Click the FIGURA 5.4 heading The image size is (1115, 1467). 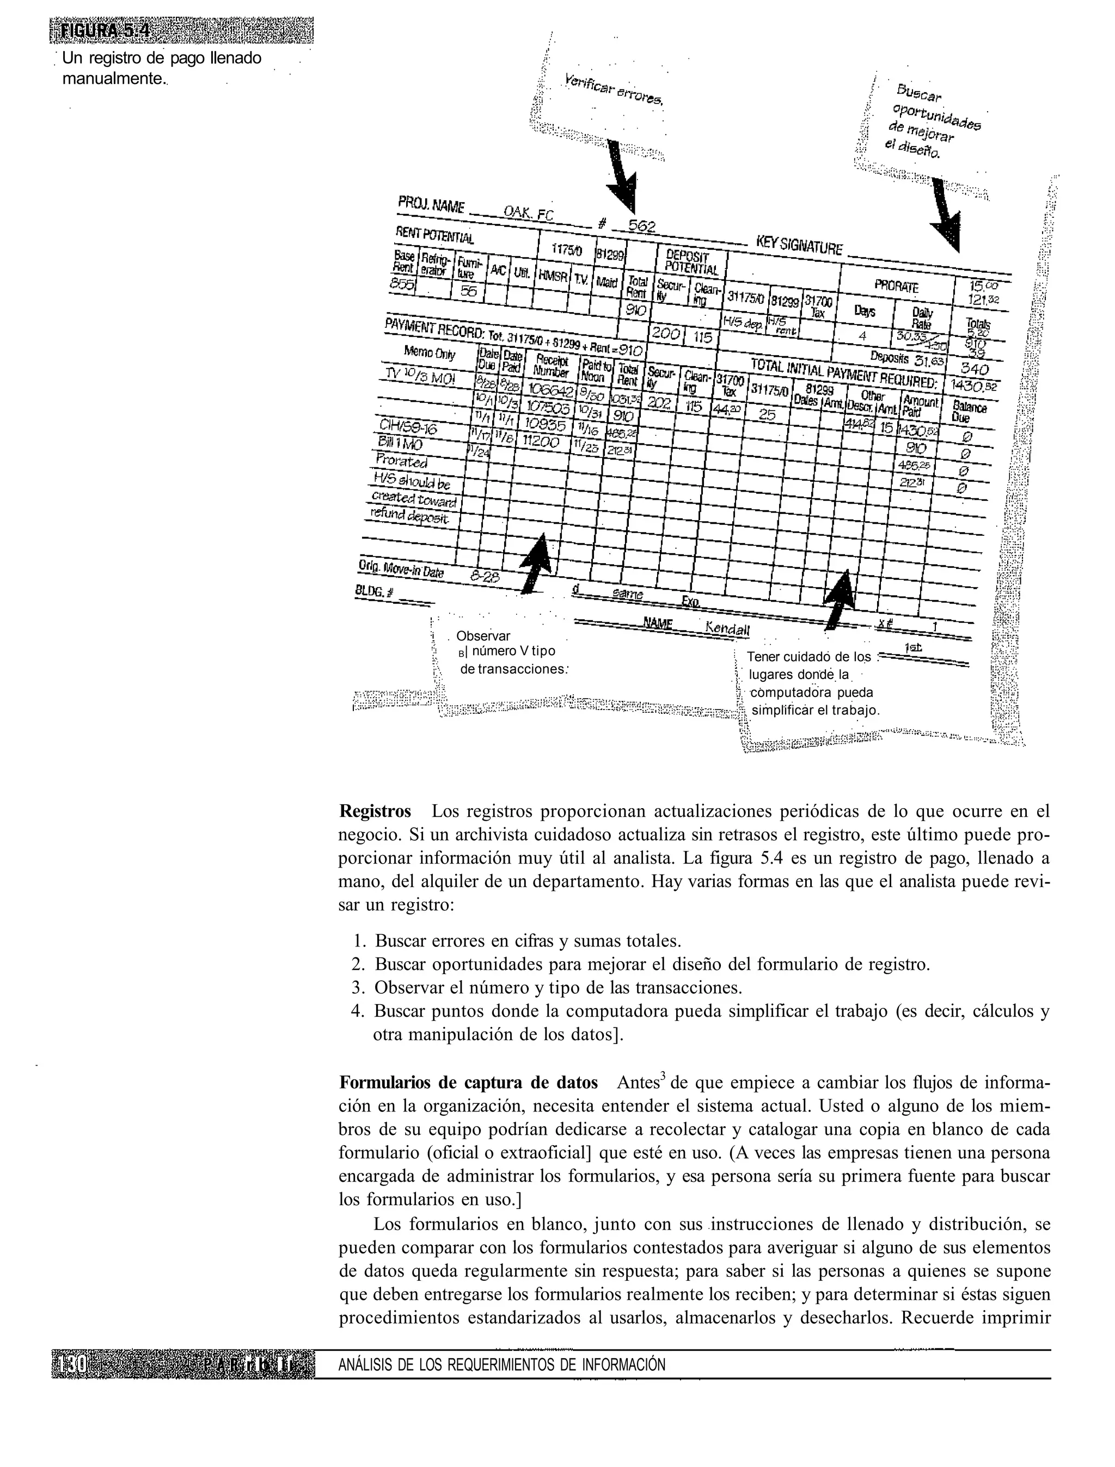(x=106, y=31)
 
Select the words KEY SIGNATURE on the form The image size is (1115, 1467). (x=799, y=246)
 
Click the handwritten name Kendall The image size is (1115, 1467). (x=727, y=628)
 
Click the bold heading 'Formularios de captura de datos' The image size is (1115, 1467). (x=468, y=1083)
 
